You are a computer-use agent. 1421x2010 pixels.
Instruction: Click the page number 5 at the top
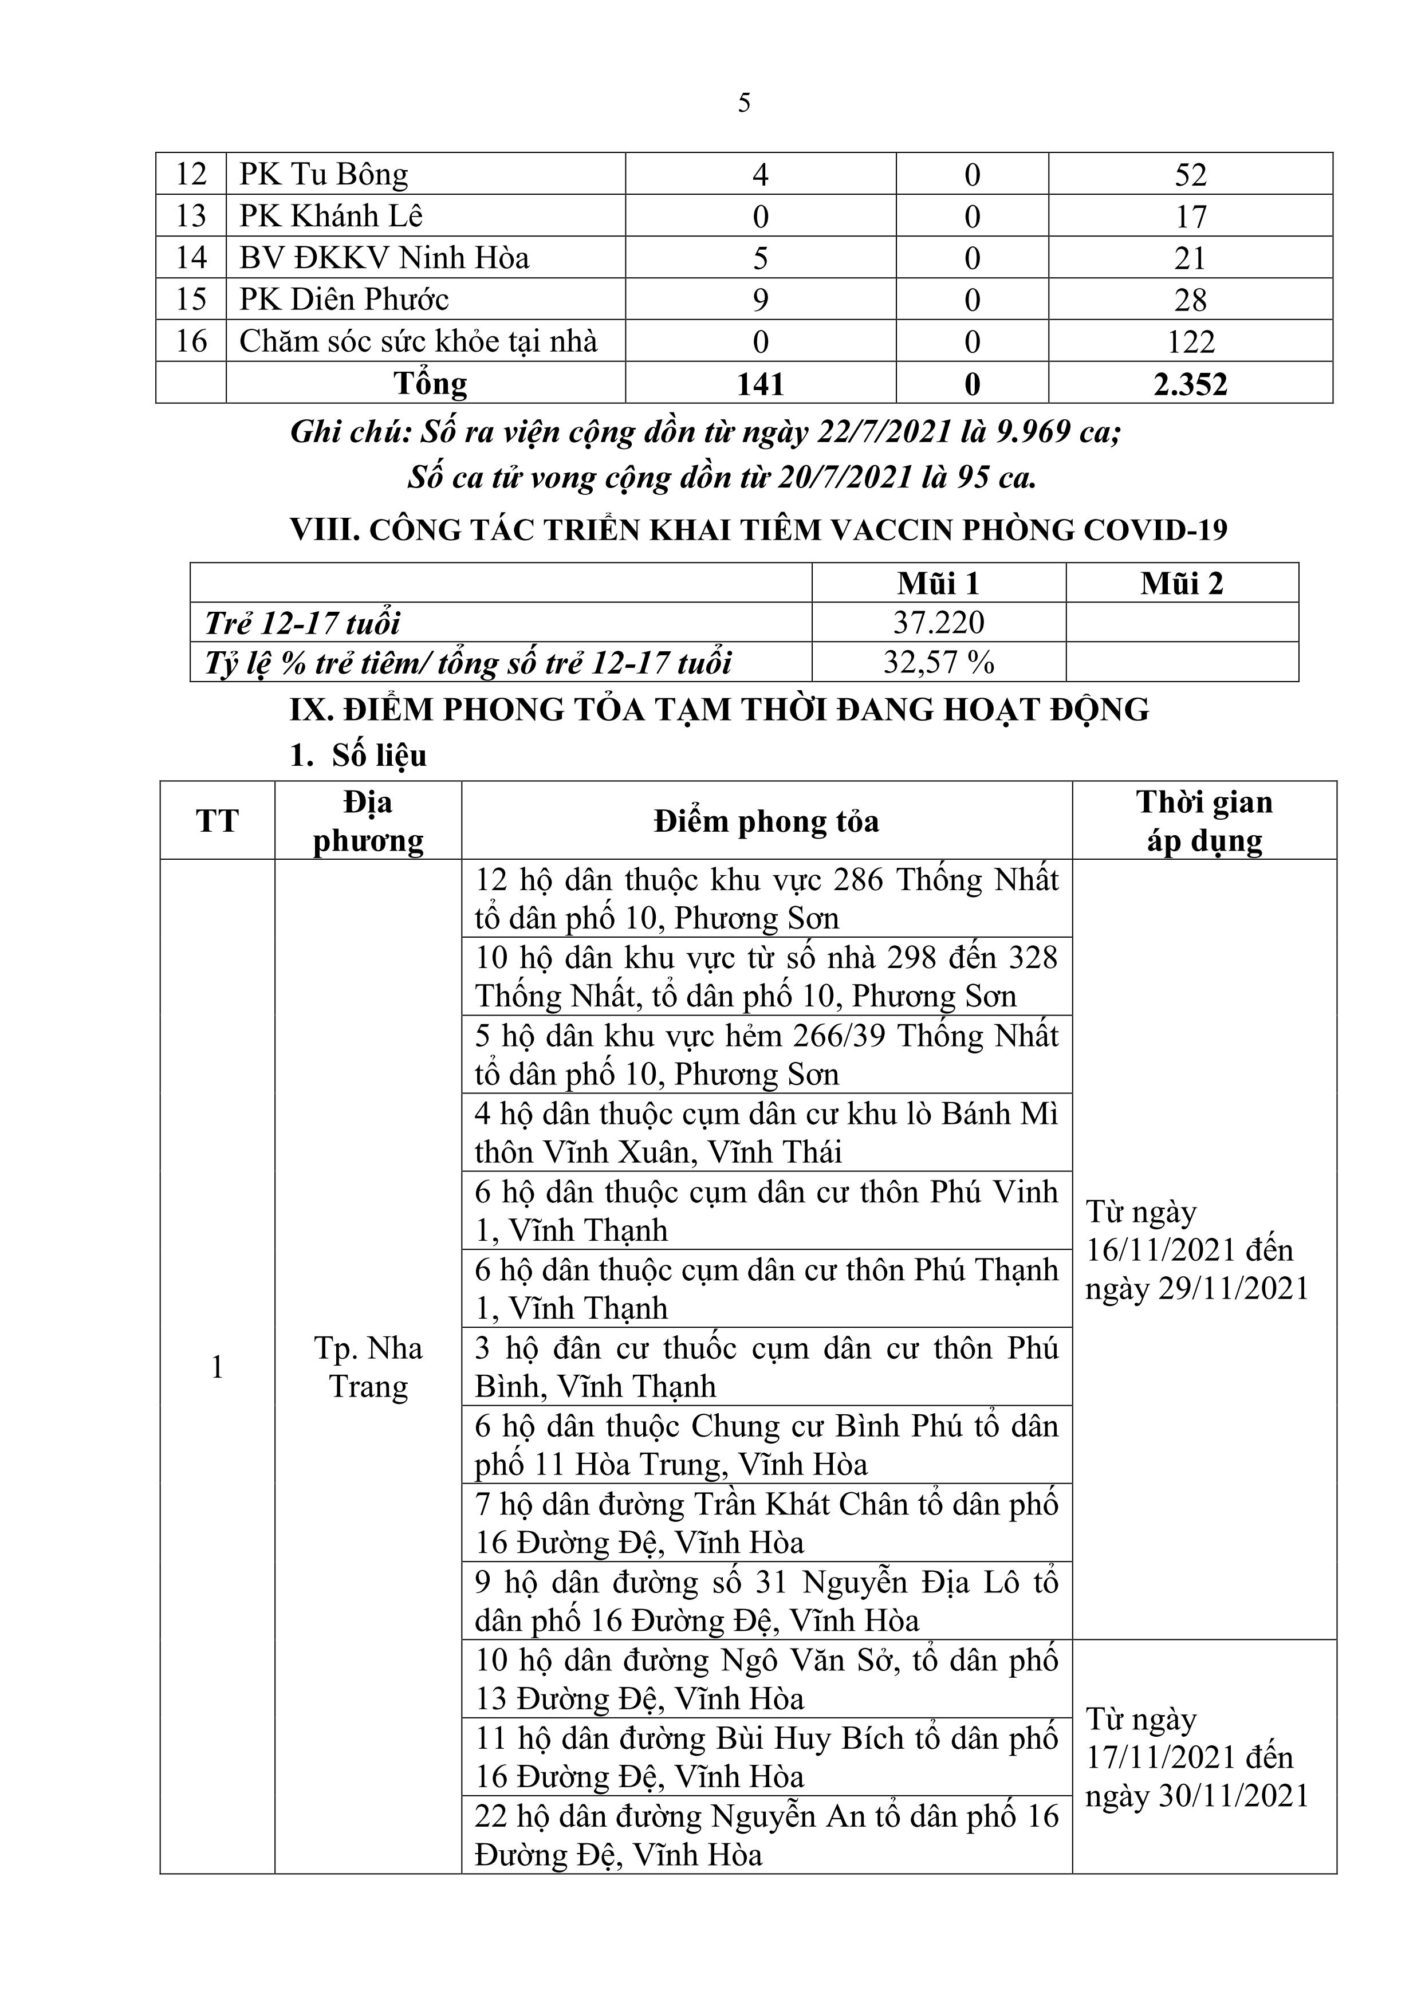[744, 103]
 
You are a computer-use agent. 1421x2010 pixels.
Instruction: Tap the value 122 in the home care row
[1191, 341]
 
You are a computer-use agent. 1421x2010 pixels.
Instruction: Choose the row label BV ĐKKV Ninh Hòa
[384, 258]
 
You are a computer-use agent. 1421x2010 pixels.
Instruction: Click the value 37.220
[939, 623]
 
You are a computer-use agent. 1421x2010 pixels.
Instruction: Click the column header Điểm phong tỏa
[766, 821]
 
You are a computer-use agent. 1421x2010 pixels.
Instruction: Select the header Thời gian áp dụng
[1204, 821]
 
